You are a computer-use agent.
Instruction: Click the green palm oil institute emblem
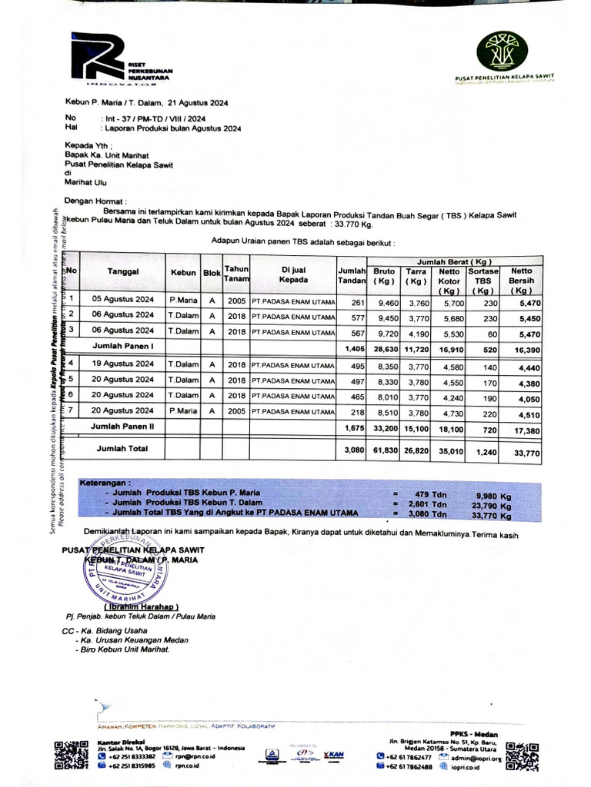502,51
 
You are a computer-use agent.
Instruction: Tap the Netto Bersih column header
521,281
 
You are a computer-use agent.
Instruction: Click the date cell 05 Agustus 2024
123,300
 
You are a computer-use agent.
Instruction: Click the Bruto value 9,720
382,332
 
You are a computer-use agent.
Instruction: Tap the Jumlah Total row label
122,447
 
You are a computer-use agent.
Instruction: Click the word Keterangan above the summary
104,483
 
